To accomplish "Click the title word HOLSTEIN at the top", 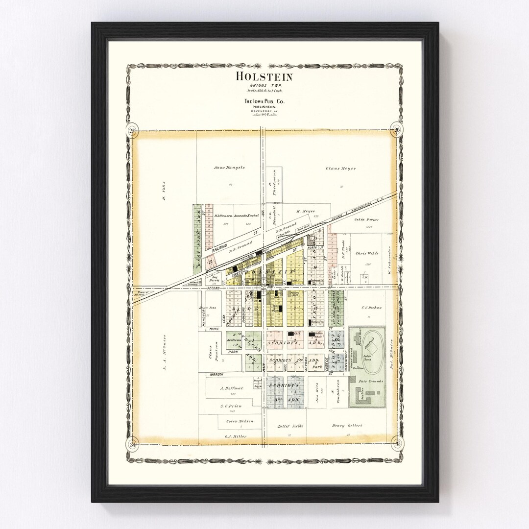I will coord(264,76).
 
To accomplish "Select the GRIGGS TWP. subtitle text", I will coord(264,85).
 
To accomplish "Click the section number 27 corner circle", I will coord(131,130).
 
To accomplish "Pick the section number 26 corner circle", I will coord(397,130).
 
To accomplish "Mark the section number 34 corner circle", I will coord(131,444).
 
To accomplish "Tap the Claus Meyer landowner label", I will coord(340,168).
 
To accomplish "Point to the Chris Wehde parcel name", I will coord(368,254).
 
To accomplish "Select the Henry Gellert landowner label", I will coord(347,425).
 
